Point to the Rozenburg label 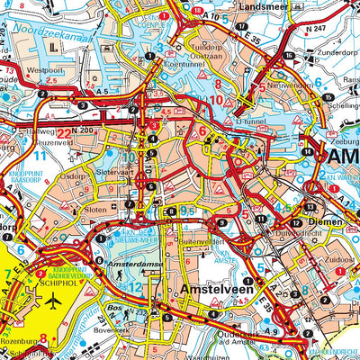pos(21,343)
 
